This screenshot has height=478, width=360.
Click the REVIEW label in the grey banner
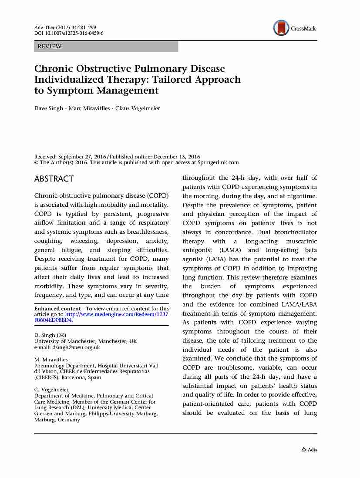[50, 47]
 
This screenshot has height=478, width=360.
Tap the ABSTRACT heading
[54, 179]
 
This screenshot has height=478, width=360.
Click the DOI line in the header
[69, 34]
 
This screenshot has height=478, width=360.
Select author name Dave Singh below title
[49, 108]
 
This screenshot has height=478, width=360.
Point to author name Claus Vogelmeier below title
[138, 108]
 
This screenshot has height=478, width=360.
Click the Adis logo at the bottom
[309, 450]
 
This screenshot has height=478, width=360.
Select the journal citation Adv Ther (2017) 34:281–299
[65, 28]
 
